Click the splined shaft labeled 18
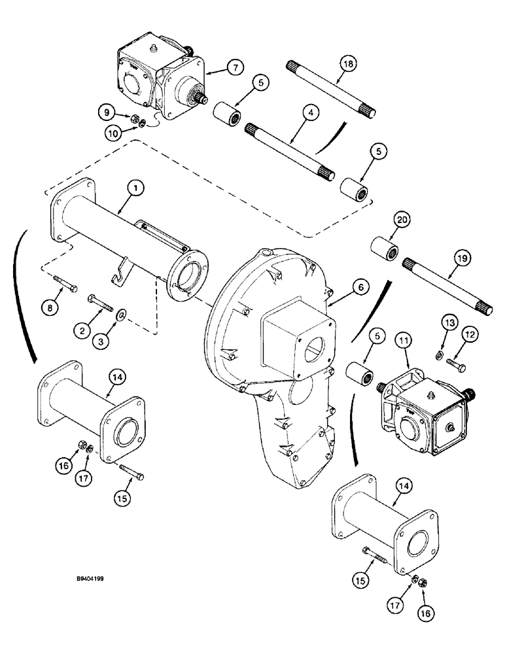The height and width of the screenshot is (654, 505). (x=332, y=90)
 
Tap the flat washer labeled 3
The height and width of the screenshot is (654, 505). (x=122, y=317)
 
